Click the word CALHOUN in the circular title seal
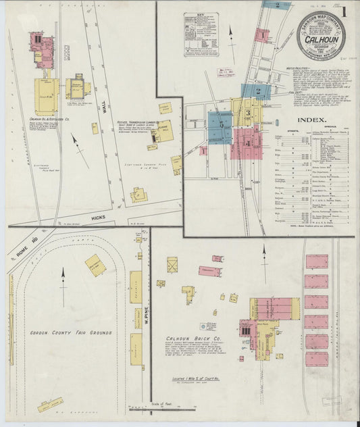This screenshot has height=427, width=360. [x=321, y=39]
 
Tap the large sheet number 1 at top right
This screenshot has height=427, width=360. [x=344, y=11]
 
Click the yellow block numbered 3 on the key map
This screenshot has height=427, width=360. [x=248, y=112]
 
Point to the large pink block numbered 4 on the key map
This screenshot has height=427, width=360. [x=247, y=143]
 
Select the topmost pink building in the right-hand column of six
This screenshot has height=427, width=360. [x=316, y=261]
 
